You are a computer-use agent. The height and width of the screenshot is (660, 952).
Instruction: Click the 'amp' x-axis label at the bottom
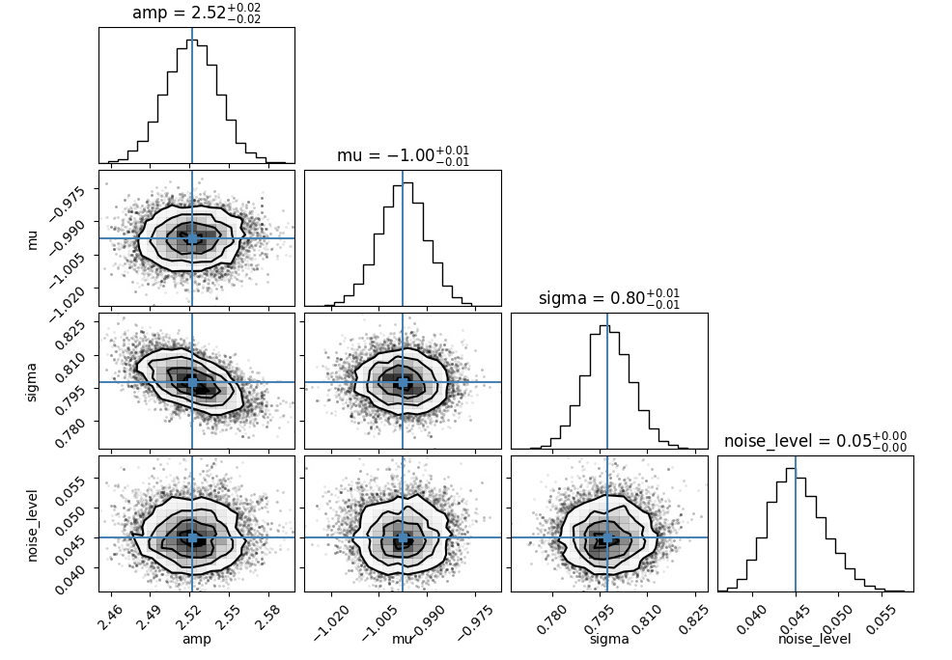pos(197,639)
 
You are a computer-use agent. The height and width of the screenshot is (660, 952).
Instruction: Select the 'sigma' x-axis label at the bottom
pos(609,639)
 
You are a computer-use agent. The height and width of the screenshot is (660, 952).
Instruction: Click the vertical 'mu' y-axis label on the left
pos(32,239)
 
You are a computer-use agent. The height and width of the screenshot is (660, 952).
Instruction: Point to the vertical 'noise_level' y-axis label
pos(32,525)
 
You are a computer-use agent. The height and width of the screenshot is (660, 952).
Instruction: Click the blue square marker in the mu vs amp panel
pos(192,238)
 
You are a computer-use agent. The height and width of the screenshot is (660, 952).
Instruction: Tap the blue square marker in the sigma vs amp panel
pos(192,382)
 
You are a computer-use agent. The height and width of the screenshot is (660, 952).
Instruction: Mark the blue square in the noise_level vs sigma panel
pos(607,537)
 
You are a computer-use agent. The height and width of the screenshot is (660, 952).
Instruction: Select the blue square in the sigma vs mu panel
pos(403,382)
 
